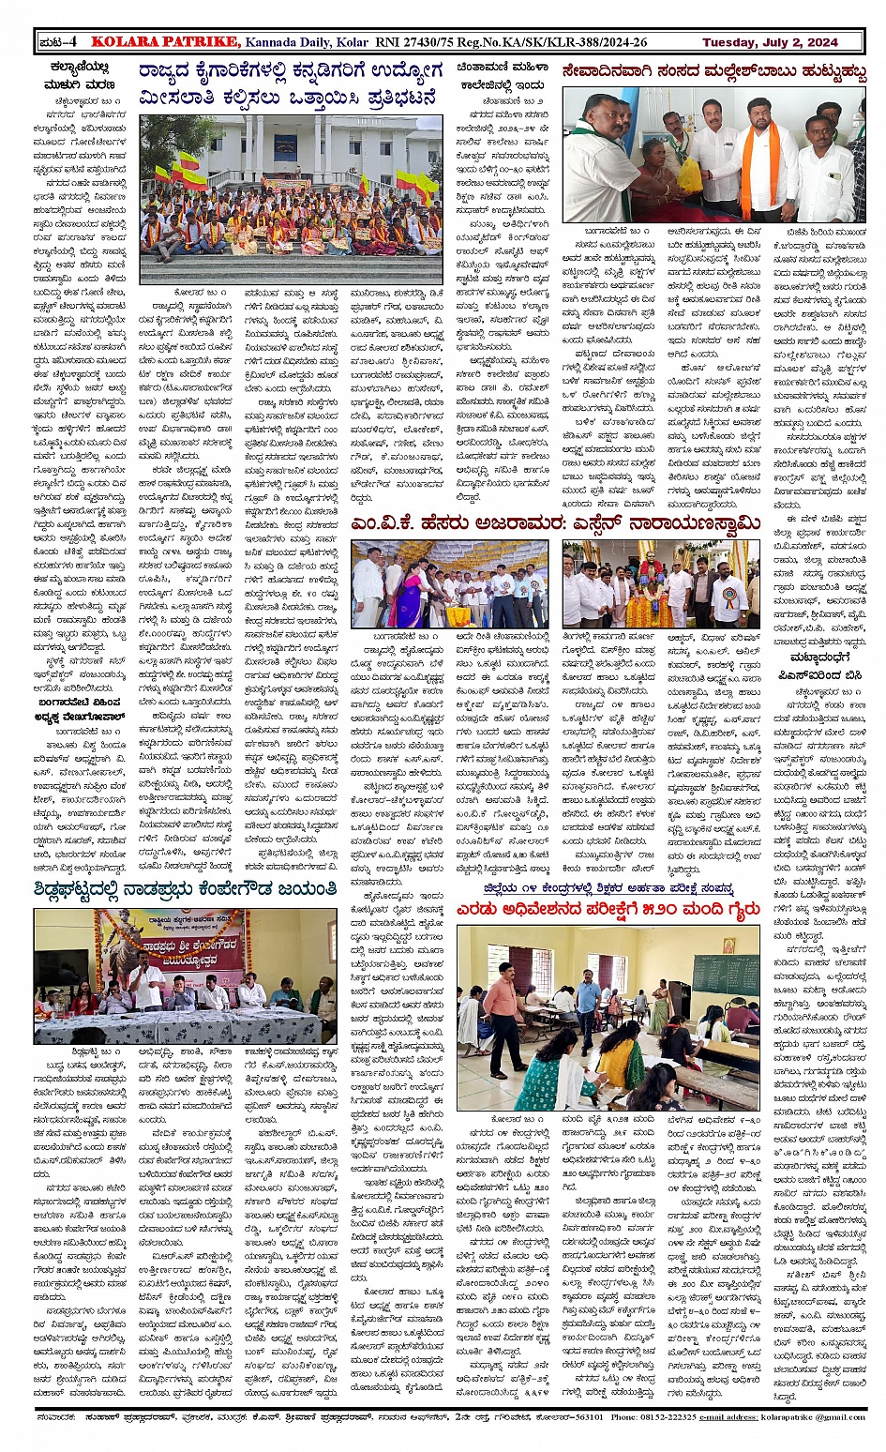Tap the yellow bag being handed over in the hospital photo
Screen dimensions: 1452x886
(x=691, y=175)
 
